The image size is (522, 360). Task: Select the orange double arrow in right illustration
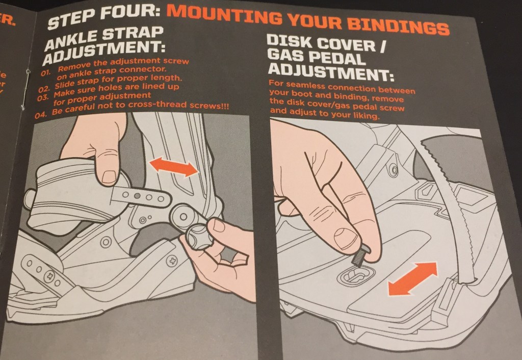[412, 278]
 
